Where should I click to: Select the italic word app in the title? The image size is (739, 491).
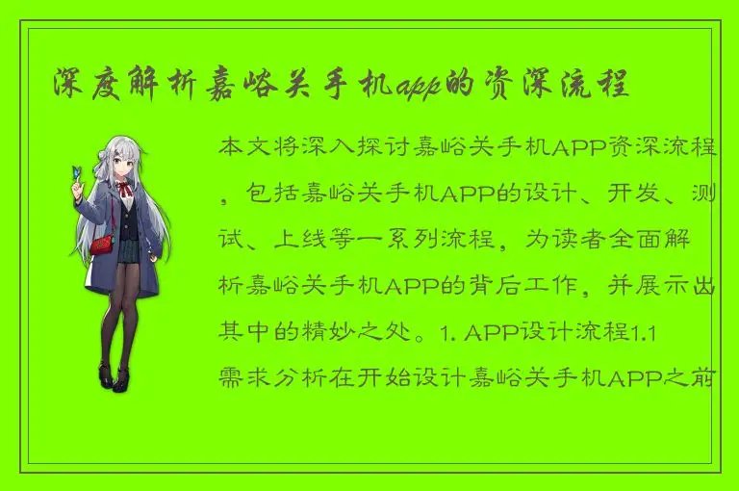417,87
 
